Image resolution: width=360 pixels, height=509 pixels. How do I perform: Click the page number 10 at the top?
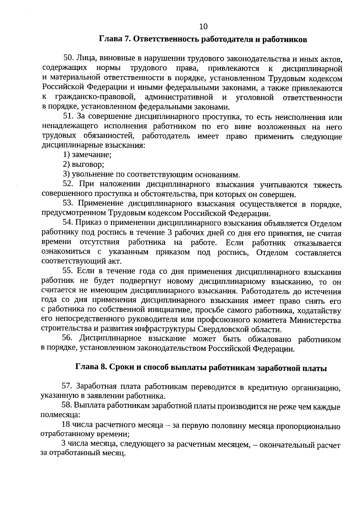click(x=203, y=27)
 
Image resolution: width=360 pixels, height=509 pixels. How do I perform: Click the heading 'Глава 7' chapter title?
click(x=203, y=40)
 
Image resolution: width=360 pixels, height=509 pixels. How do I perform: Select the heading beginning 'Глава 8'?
click(x=201, y=368)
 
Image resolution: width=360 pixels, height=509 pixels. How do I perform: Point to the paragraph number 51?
click(x=68, y=116)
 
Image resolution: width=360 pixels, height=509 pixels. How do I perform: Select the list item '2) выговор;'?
click(x=83, y=164)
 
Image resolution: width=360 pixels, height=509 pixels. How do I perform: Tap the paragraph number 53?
click(x=68, y=203)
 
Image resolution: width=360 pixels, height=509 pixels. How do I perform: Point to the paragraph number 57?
click(x=67, y=386)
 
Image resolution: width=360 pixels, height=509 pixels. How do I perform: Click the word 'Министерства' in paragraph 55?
click(x=315, y=320)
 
